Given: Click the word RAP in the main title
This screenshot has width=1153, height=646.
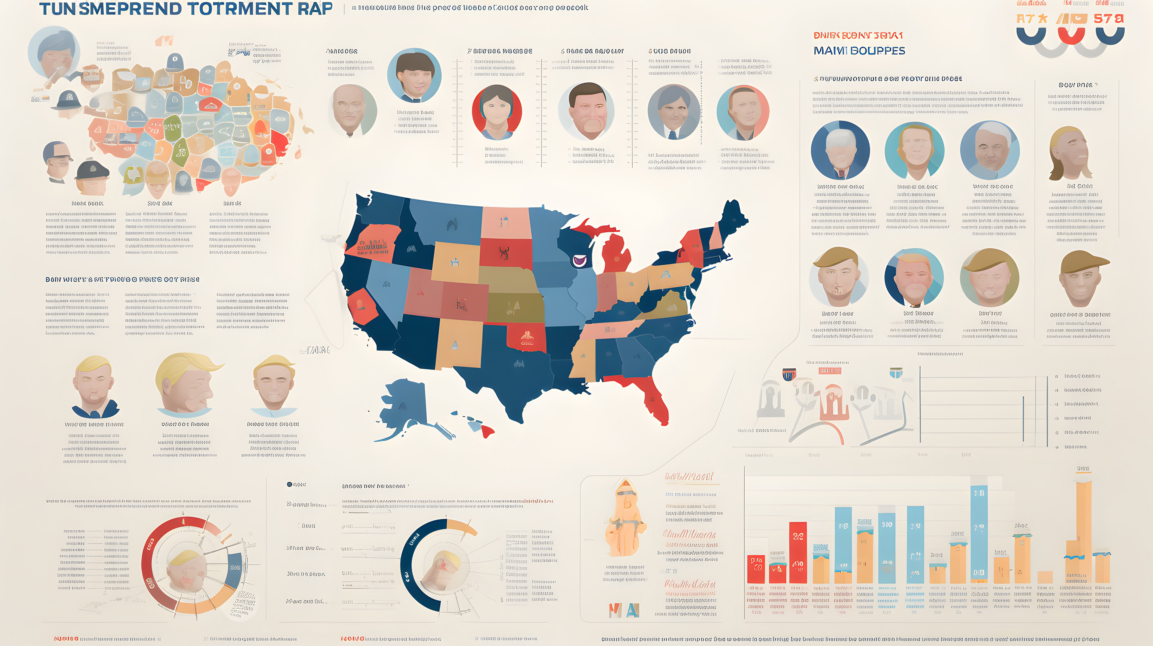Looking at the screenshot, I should [315, 9].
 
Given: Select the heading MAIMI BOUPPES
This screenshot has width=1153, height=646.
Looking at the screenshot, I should [859, 50].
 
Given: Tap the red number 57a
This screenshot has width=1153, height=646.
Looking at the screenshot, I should [1108, 19].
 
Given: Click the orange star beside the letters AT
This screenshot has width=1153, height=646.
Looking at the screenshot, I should [1043, 19].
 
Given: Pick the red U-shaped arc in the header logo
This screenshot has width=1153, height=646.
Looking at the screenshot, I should [1071, 36].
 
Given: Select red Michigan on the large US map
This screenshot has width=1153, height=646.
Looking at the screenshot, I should [617, 255].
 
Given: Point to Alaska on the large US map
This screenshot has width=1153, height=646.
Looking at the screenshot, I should [403, 403].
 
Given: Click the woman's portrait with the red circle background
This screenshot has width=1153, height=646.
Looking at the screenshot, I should [496, 112].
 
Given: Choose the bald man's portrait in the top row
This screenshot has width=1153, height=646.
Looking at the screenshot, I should [352, 110].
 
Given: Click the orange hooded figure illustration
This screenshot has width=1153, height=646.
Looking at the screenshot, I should [625, 519].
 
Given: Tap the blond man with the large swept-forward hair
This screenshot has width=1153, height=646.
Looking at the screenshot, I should [188, 382].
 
